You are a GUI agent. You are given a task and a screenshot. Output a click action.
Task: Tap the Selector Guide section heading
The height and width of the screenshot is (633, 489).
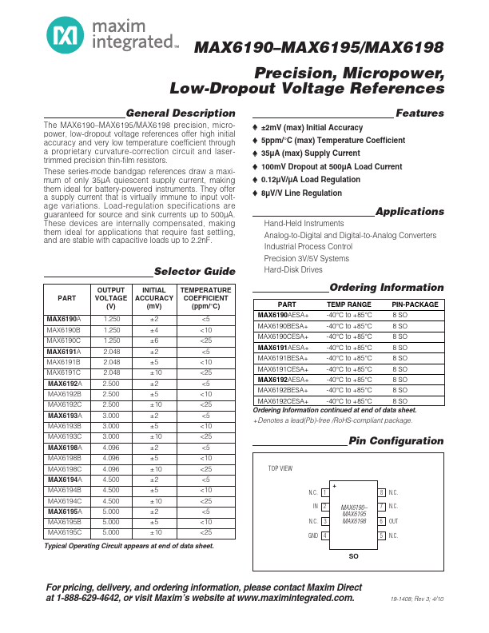(x=194, y=271)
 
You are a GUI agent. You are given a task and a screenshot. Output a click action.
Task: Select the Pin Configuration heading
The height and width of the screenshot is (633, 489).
(x=396, y=440)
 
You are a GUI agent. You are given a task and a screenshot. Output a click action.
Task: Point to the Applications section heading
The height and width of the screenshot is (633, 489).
(x=409, y=212)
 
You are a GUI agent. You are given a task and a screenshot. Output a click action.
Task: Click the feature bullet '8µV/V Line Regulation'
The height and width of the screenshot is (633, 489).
(x=301, y=193)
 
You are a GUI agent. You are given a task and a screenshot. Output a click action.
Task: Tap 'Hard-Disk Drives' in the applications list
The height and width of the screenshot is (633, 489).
(x=293, y=270)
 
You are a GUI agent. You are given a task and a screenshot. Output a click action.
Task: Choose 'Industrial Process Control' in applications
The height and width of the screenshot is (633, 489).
(x=308, y=247)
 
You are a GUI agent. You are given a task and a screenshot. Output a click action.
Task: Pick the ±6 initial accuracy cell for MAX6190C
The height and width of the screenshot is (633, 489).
(x=154, y=340)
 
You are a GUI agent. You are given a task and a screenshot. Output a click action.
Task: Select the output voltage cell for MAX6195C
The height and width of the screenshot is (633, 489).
(x=112, y=531)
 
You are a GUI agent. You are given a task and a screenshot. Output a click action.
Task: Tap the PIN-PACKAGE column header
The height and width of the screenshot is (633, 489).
(x=415, y=305)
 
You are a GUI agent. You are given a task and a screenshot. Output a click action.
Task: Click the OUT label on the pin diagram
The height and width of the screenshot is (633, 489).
(x=394, y=520)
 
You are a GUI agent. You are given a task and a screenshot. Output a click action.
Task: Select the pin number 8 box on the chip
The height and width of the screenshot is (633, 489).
(x=382, y=492)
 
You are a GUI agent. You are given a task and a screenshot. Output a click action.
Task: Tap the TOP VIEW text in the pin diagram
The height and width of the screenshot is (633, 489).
(x=280, y=468)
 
